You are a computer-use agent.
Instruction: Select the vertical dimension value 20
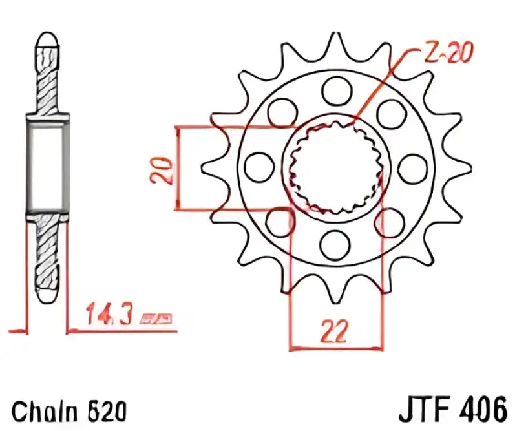pos(164,169)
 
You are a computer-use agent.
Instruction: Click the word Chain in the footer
pos(43,410)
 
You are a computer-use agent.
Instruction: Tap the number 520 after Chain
pos(104,410)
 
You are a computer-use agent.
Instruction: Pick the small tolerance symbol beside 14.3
pos(157,319)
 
